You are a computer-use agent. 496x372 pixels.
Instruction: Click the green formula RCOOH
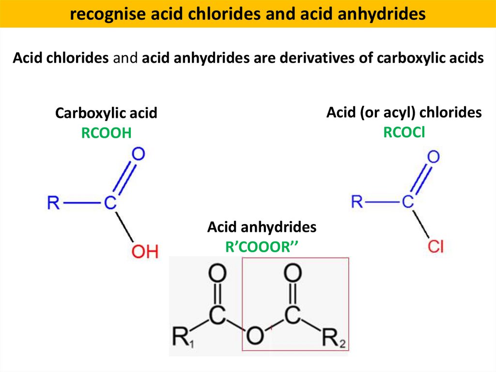point(107,133)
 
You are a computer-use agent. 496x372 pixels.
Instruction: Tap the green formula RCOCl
point(404,132)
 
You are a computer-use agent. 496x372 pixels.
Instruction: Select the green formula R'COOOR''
point(261,247)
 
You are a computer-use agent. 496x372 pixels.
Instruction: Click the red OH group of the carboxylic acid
point(145,251)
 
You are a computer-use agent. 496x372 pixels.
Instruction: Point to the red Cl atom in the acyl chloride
point(435,246)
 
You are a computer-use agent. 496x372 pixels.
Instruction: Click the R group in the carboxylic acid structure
point(53,203)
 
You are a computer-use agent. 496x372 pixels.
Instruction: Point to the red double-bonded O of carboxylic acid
point(139,154)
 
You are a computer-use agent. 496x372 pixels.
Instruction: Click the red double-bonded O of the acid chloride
point(434,157)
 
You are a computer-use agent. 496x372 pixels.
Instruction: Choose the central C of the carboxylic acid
point(110,203)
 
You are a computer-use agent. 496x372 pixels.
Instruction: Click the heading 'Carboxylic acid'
point(106,113)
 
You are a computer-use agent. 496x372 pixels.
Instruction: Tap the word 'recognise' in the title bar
point(99,15)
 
